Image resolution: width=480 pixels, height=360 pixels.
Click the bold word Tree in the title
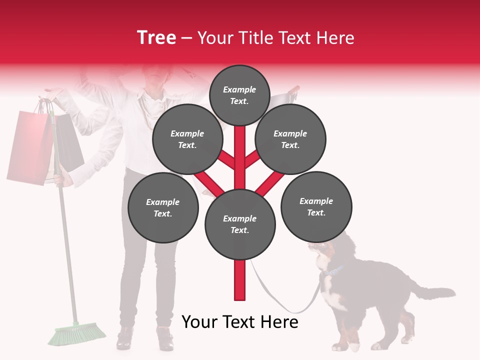point(156,38)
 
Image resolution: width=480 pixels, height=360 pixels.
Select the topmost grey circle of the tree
point(239,95)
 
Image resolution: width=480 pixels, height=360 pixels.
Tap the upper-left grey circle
point(187,139)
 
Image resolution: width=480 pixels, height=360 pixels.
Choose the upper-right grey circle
point(290,139)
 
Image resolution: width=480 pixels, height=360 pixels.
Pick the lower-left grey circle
point(163,207)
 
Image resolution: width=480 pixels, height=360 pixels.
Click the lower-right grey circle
point(316,206)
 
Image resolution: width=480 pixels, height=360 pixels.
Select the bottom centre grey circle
point(240,224)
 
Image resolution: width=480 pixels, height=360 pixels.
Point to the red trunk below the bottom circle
point(240,280)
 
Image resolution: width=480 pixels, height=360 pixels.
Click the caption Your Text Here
point(240,322)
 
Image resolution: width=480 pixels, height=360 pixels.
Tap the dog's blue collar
point(332,272)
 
